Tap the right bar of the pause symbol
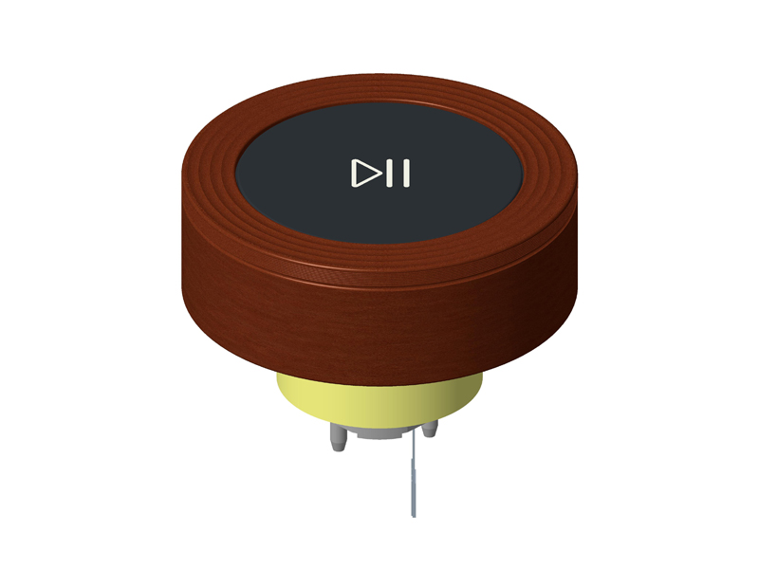pos(406,174)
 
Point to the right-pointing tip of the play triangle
pos(379,174)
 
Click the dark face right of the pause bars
pos(465,174)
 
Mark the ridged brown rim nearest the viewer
pos(379,261)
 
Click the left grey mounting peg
pos(337,438)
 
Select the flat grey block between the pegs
pos(379,433)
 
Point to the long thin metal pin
pos(414,474)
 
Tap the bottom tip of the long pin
pos(414,515)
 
